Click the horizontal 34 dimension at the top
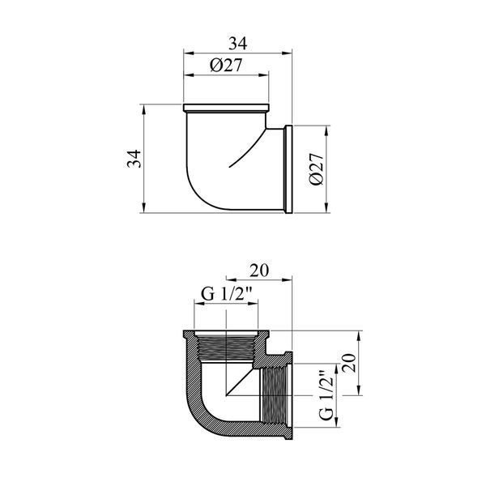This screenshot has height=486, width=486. (238, 44)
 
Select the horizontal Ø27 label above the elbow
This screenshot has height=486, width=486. (226, 65)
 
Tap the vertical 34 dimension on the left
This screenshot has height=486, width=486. (134, 159)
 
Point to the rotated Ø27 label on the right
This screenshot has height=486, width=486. (317, 169)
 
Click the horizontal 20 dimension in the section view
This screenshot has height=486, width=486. (259, 271)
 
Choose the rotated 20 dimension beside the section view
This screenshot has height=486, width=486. (350, 363)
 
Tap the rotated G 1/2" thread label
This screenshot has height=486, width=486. (327, 395)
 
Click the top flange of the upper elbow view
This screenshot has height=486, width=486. (226, 108)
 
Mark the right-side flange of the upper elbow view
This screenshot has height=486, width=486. (288, 169)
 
